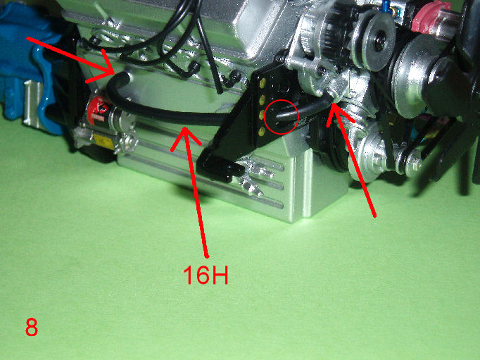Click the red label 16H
(206, 275)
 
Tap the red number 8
(31, 327)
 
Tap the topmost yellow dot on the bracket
(262, 82)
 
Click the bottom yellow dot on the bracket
(261, 132)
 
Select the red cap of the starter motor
(97, 109)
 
